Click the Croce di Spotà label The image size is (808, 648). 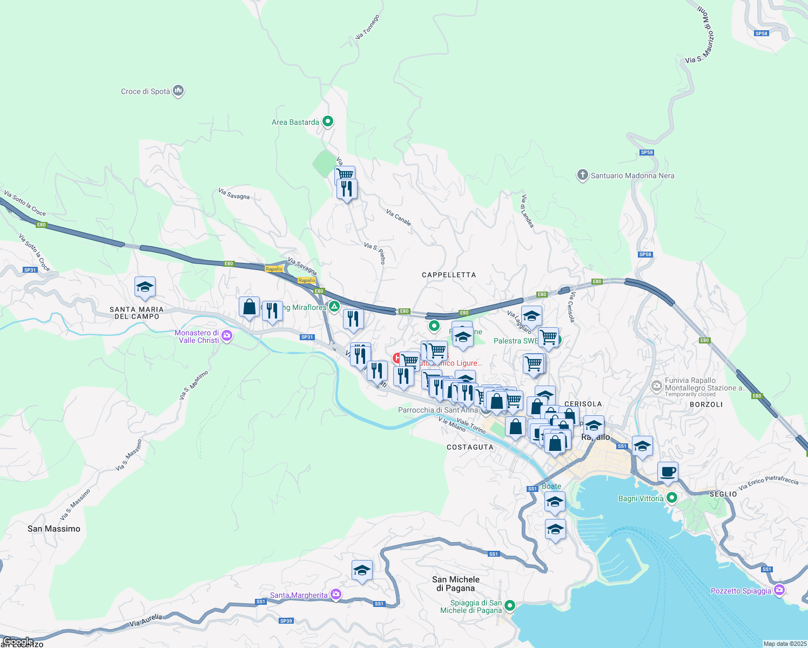[145, 91]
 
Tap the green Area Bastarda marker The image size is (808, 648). [327, 122]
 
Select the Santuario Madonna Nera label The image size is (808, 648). [632, 175]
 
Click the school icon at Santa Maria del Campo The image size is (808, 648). [145, 287]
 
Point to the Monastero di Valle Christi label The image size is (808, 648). [197, 336]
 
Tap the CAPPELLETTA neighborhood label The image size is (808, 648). [449, 275]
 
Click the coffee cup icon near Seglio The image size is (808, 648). [668, 471]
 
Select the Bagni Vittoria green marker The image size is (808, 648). [671, 498]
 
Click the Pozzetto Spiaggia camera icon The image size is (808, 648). [778, 590]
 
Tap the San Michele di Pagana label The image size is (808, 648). [456, 584]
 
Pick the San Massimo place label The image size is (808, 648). [54, 529]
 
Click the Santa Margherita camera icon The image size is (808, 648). [336, 595]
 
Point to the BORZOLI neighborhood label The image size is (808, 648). [706, 404]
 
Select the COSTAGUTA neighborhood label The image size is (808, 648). [470, 447]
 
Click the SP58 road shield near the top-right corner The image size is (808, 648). [761, 33]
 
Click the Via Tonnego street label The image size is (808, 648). [367, 27]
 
